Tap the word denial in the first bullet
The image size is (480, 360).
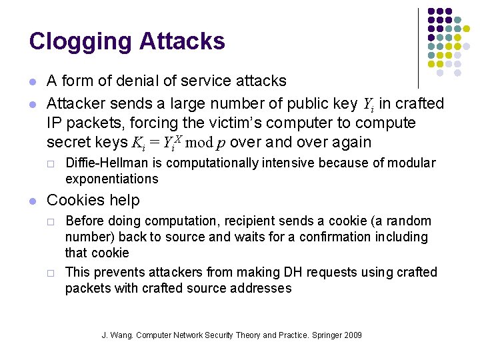(x=133, y=81)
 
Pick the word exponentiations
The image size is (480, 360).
(x=111, y=179)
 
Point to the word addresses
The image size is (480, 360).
(x=260, y=288)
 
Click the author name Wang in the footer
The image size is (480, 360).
(x=120, y=335)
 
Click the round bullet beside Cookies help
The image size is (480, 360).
(x=33, y=201)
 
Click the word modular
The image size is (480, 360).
(x=413, y=163)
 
